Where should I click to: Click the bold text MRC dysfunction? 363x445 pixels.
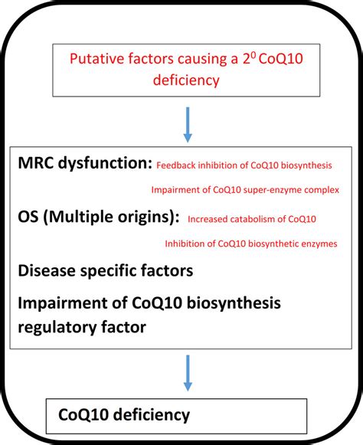[83, 164]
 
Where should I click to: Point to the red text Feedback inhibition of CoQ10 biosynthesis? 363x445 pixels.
[244, 165]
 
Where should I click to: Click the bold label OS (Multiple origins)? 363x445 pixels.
[98, 218]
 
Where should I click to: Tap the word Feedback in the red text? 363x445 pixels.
[174, 165]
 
